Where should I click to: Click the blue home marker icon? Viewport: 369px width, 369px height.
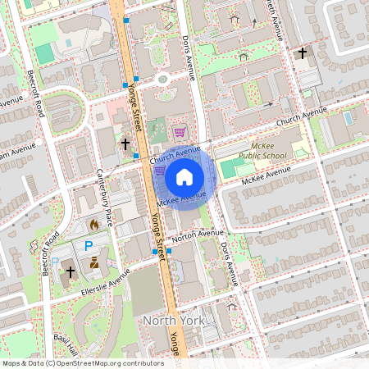coord(184,175)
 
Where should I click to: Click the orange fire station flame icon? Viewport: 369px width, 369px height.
coord(93,223)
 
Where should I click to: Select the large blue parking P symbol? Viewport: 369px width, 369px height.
coord(89,246)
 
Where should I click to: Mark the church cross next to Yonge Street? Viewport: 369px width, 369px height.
coord(125,144)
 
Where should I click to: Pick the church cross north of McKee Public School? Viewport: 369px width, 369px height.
coord(303,54)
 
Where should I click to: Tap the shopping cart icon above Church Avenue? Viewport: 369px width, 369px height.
coord(180,130)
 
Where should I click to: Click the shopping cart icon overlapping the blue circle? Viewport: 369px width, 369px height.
coord(160,171)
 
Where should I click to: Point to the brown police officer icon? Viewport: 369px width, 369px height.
coord(93,264)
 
